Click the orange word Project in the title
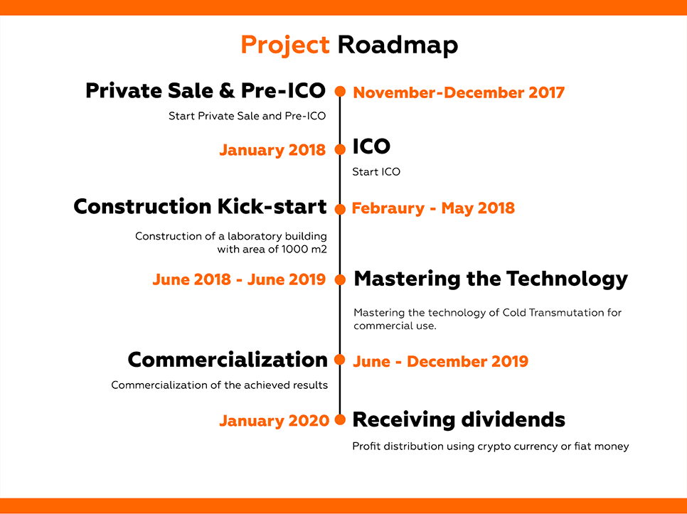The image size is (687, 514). click(285, 45)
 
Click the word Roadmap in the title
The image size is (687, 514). click(398, 45)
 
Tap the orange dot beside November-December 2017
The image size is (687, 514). click(340, 92)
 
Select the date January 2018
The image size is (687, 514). click(272, 150)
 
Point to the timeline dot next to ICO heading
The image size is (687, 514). click(340, 149)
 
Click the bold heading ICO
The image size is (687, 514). click(371, 146)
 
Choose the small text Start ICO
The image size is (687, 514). click(376, 171)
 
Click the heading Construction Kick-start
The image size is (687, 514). click(201, 206)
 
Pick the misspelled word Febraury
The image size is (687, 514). click(388, 208)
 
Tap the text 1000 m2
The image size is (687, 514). click(304, 250)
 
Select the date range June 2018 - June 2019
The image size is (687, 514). click(239, 279)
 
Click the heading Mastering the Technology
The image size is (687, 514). click(491, 279)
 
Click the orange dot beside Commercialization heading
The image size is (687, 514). click(340, 360)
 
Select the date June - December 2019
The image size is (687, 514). click(441, 361)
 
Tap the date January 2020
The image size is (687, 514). click(275, 420)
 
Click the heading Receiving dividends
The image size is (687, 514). click(459, 419)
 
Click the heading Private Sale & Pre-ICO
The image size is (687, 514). click(206, 90)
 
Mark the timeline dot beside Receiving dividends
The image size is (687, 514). click(340, 419)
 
